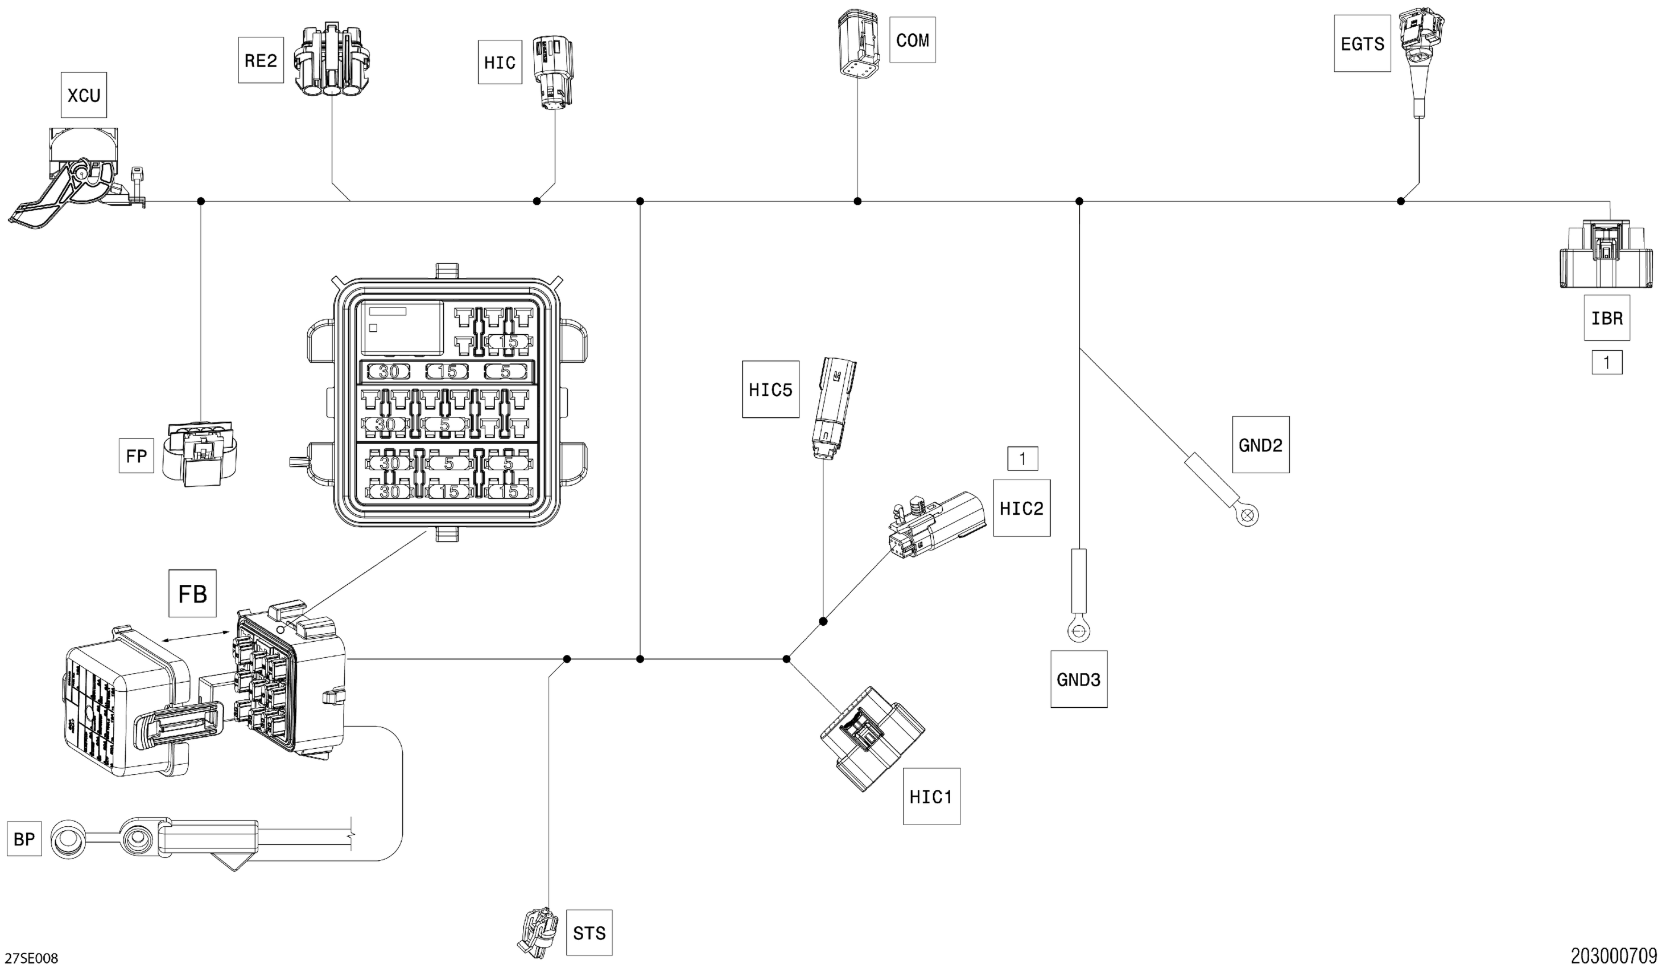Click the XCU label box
pos(83,95)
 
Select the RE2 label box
pos(261,61)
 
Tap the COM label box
pos(912,40)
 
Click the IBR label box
pos(1607,318)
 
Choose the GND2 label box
pos(1260,445)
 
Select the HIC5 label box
pos(770,389)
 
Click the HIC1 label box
pos(931,797)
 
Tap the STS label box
pos(589,932)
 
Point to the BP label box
pos(24,839)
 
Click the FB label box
pos(192,593)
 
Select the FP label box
pos(136,456)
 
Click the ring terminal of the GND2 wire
pos(1246,516)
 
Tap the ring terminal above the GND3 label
pos(1078,633)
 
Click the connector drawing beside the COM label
pos(857,43)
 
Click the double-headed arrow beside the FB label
pos(196,636)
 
